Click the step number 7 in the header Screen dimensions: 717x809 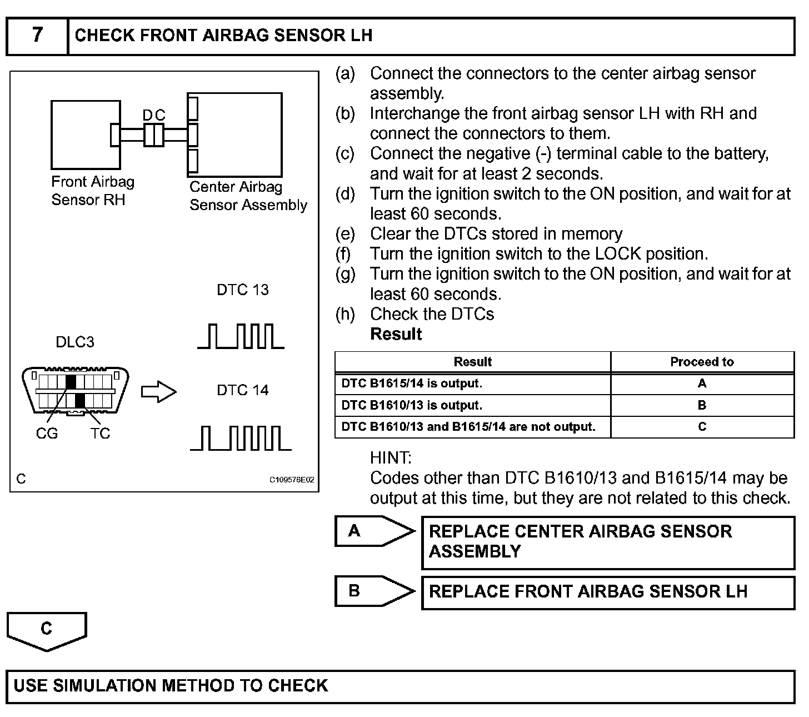pos(37,35)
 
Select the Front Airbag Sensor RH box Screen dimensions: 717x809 pos(86,135)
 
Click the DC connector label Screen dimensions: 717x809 pos(153,115)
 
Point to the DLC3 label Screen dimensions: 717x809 pos(75,342)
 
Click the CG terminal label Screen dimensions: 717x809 pos(47,434)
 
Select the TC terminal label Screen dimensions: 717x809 pos(100,434)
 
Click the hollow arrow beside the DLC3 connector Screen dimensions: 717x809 pos(158,392)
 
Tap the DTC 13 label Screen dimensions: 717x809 pos(242,290)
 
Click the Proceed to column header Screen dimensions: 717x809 pos(702,362)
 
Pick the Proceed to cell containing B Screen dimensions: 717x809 pos(702,405)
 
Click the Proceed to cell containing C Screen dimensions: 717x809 pos(702,427)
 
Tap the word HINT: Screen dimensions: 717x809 pos(391,458)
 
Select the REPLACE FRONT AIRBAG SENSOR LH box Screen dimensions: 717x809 pos(608,592)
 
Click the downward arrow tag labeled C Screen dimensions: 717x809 pos(47,630)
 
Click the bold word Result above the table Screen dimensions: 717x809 pos(396,334)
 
